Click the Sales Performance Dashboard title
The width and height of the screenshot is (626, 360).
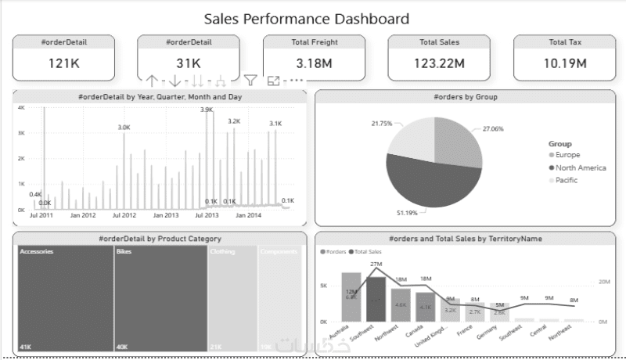pyautogui.click(x=306, y=18)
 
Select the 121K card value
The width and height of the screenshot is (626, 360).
pyautogui.click(x=63, y=63)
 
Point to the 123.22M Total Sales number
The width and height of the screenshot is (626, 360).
pyautogui.click(x=438, y=63)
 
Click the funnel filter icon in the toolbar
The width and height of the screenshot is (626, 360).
pyautogui.click(x=250, y=79)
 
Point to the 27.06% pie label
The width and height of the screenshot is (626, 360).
pyautogui.click(x=493, y=128)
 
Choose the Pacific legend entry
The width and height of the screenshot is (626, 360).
pyautogui.click(x=567, y=181)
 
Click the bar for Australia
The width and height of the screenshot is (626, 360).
pyautogui.click(x=351, y=297)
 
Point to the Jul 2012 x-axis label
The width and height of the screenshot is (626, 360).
pyautogui.click(x=124, y=215)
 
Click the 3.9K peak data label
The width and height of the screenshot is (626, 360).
pyautogui.click(x=207, y=110)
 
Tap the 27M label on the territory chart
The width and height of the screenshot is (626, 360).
pyautogui.click(x=376, y=265)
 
